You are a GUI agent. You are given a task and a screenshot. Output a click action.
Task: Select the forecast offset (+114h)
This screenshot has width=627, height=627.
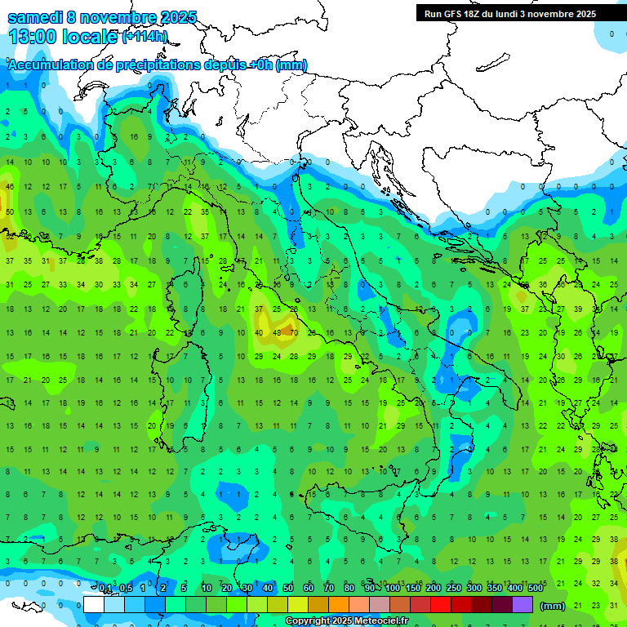145,37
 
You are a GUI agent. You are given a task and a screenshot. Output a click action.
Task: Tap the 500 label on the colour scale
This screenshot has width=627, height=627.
536,589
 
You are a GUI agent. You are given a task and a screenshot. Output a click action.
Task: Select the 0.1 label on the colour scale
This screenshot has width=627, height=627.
105,589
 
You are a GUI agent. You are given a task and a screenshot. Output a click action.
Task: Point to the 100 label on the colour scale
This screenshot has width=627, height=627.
393,589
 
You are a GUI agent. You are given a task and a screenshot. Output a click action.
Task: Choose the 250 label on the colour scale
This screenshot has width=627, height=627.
454,589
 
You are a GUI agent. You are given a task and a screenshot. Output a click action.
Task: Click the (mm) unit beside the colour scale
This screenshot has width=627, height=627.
553,606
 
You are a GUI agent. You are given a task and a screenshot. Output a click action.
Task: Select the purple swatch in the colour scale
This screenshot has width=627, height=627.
522,605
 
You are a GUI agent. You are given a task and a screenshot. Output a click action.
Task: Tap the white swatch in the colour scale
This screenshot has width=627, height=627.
94,605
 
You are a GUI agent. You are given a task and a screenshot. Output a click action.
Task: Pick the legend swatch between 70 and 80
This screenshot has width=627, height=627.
339,605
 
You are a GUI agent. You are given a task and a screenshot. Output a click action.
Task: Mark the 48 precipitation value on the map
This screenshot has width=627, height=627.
277,333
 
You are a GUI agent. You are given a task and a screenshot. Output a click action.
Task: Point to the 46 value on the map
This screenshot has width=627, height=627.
10,187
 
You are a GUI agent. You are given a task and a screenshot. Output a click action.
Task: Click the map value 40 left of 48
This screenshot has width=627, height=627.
259,333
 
